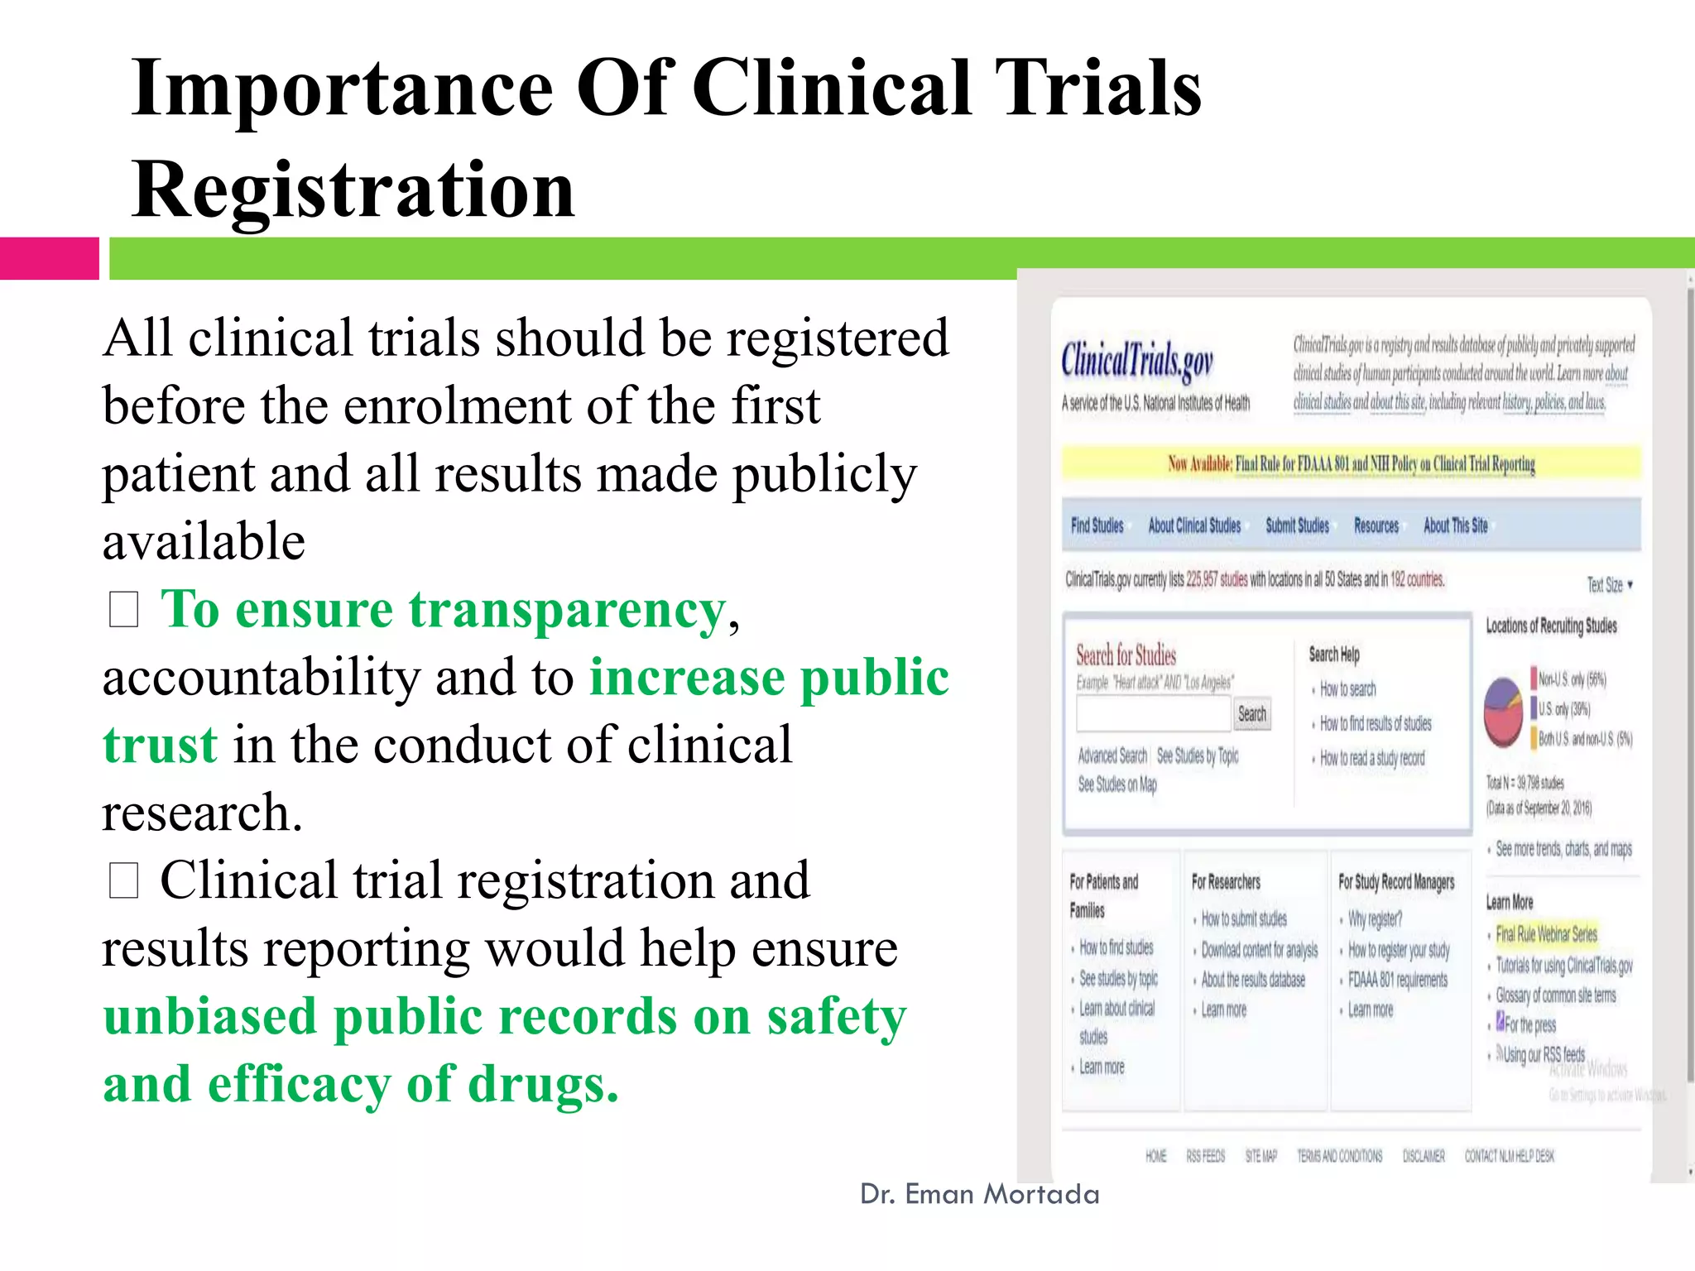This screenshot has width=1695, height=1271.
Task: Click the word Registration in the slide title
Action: [353, 189]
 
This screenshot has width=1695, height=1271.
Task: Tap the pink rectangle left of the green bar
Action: [49, 258]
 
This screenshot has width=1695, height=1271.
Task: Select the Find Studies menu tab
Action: [1097, 525]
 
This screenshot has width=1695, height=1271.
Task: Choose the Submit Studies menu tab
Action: [1297, 525]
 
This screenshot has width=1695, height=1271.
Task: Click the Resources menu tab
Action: [1376, 525]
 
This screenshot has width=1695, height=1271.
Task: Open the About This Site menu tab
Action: [1455, 525]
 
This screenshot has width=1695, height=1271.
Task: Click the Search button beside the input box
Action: [1251, 714]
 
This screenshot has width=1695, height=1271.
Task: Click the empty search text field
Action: [1154, 714]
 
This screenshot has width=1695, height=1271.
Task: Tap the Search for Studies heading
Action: [1126, 655]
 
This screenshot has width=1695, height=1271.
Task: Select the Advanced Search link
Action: [1112, 755]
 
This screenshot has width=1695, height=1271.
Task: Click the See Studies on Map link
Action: [1116, 784]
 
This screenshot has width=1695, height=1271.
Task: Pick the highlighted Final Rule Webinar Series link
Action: [1546, 934]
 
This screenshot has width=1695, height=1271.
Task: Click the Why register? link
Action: [1375, 919]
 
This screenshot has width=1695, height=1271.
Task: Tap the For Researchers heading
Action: [1226, 882]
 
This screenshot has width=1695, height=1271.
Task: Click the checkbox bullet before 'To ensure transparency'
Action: [123, 611]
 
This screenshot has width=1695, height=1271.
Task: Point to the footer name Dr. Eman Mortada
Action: [979, 1194]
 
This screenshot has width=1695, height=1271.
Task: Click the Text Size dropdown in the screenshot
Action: [1609, 585]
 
